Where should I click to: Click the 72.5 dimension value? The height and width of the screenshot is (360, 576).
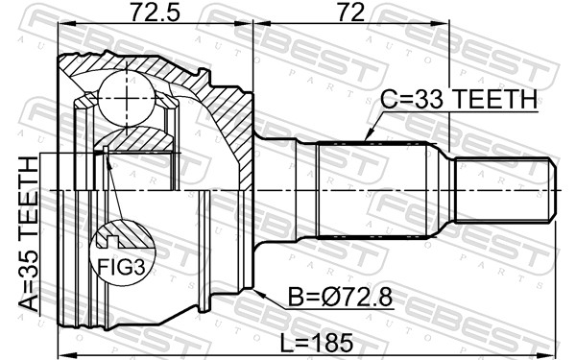155,12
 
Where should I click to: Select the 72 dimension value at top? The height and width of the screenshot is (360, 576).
350,12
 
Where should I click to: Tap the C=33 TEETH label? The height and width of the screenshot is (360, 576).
459,99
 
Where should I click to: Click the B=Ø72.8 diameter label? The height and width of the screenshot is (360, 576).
340,297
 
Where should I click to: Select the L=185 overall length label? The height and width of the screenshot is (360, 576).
317,343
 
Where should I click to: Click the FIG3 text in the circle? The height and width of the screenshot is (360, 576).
122,267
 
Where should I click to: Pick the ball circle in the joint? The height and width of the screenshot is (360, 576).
127,98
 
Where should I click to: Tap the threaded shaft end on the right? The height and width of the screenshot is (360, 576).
505,190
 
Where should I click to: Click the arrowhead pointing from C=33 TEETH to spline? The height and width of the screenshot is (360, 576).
369,135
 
